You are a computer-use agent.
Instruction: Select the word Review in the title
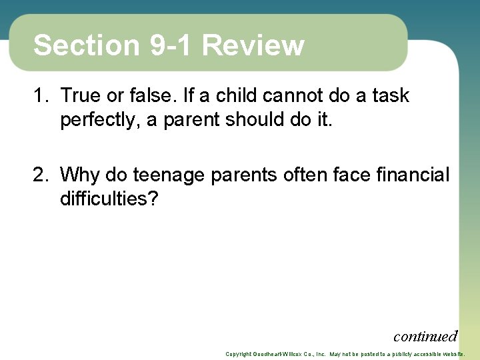click(x=253, y=45)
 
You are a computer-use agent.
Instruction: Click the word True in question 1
click(x=79, y=96)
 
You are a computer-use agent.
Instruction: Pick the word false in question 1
click(x=149, y=96)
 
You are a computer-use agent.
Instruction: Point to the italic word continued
click(x=425, y=336)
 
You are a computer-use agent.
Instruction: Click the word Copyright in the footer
click(x=239, y=354)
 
